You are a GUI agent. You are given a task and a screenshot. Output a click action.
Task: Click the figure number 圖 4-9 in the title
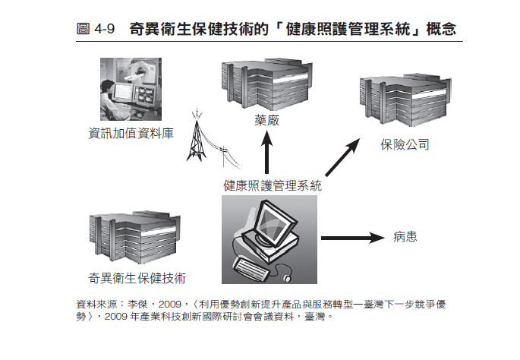[x=96, y=30]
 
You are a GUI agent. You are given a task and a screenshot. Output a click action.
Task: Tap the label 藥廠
[x=266, y=121]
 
